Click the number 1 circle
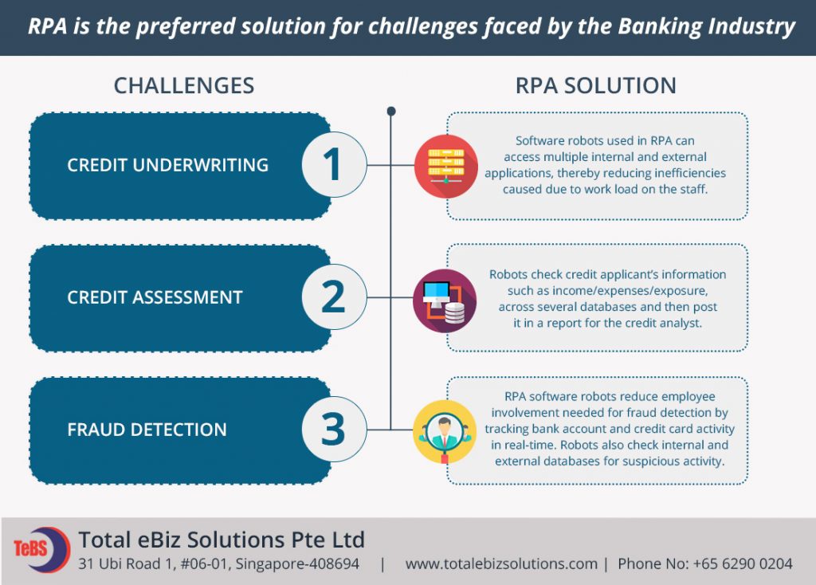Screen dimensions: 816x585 pos(334,164)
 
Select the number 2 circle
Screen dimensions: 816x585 pos(334,296)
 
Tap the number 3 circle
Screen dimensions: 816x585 pos(334,430)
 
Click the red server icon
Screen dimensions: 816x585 pos(446,166)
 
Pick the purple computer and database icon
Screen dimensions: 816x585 pos(445,300)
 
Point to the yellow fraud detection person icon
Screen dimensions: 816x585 pos(445,432)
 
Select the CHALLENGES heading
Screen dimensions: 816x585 pos(184,86)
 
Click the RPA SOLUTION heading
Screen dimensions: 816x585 pos(596,86)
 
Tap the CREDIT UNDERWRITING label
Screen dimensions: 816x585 pos(167,165)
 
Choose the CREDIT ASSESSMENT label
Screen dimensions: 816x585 pos(155,297)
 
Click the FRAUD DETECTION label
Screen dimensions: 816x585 pos(147,430)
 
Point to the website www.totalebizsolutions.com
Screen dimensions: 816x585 pos(501,563)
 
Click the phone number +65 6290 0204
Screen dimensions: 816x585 pos(743,563)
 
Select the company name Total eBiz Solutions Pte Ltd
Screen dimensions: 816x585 pos(222,540)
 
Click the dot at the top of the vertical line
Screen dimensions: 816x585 pos(391,111)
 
